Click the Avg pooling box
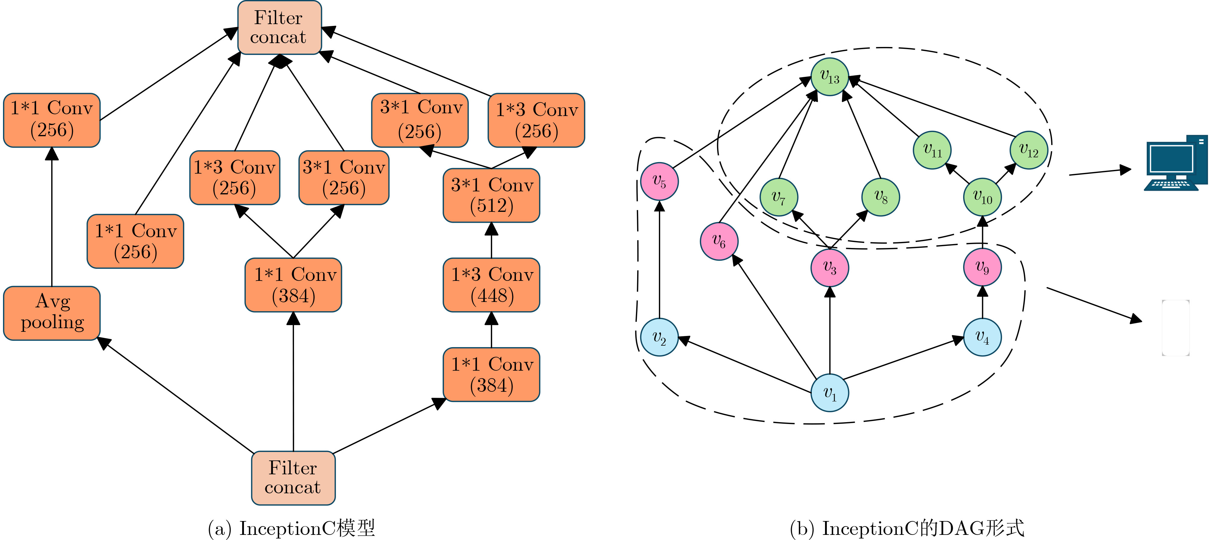point(52,312)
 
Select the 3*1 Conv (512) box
point(491,195)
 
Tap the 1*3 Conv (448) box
point(491,285)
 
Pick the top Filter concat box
point(279,27)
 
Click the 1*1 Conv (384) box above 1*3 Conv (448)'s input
point(491,375)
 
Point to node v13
point(830,77)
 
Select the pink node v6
point(719,241)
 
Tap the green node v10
point(982,197)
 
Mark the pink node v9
point(982,267)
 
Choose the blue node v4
point(982,337)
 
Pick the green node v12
point(1029,150)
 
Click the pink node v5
point(659,181)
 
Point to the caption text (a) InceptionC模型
point(292,528)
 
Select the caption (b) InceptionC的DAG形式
point(907,528)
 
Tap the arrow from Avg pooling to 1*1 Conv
point(52,216)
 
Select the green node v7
point(779,197)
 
